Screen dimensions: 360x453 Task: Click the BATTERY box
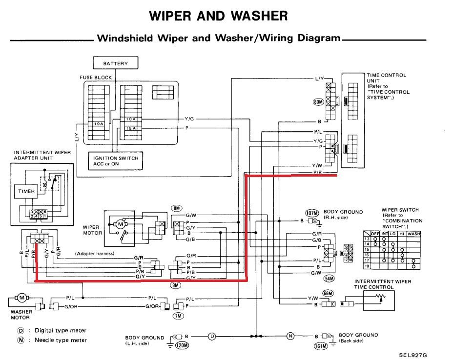pyautogui.click(x=116, y=63)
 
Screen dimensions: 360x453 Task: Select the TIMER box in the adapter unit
pyautogui.click(x=27, y=191)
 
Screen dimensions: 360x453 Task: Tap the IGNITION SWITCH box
pyautogui.click(x=116, y=160)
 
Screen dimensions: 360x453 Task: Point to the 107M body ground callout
pyautogui.click(x=311, y=213)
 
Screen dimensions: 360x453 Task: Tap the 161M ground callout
pyautogui.click(x=320, y=347)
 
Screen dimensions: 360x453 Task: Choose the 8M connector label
pyautogui.click(x=176, y=208)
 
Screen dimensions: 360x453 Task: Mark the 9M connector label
pyautogui.click(x=175, y=284)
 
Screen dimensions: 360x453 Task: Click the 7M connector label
pyautogui.click(x=178, y=316)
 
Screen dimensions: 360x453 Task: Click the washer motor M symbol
pyautogui.click(x=22, y=297)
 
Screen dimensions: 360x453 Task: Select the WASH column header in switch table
pyautogui.click(x=413, y=234)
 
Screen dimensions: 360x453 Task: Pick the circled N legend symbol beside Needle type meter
pyautogui.click(x=20, y=340)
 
